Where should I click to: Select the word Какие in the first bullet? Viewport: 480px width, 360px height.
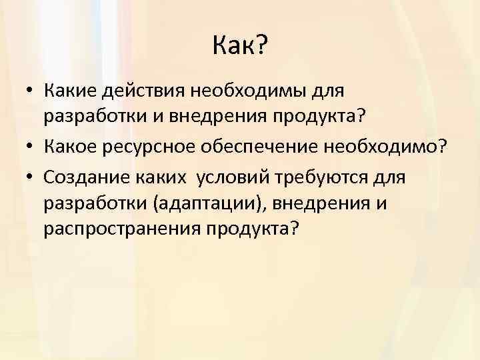68,89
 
